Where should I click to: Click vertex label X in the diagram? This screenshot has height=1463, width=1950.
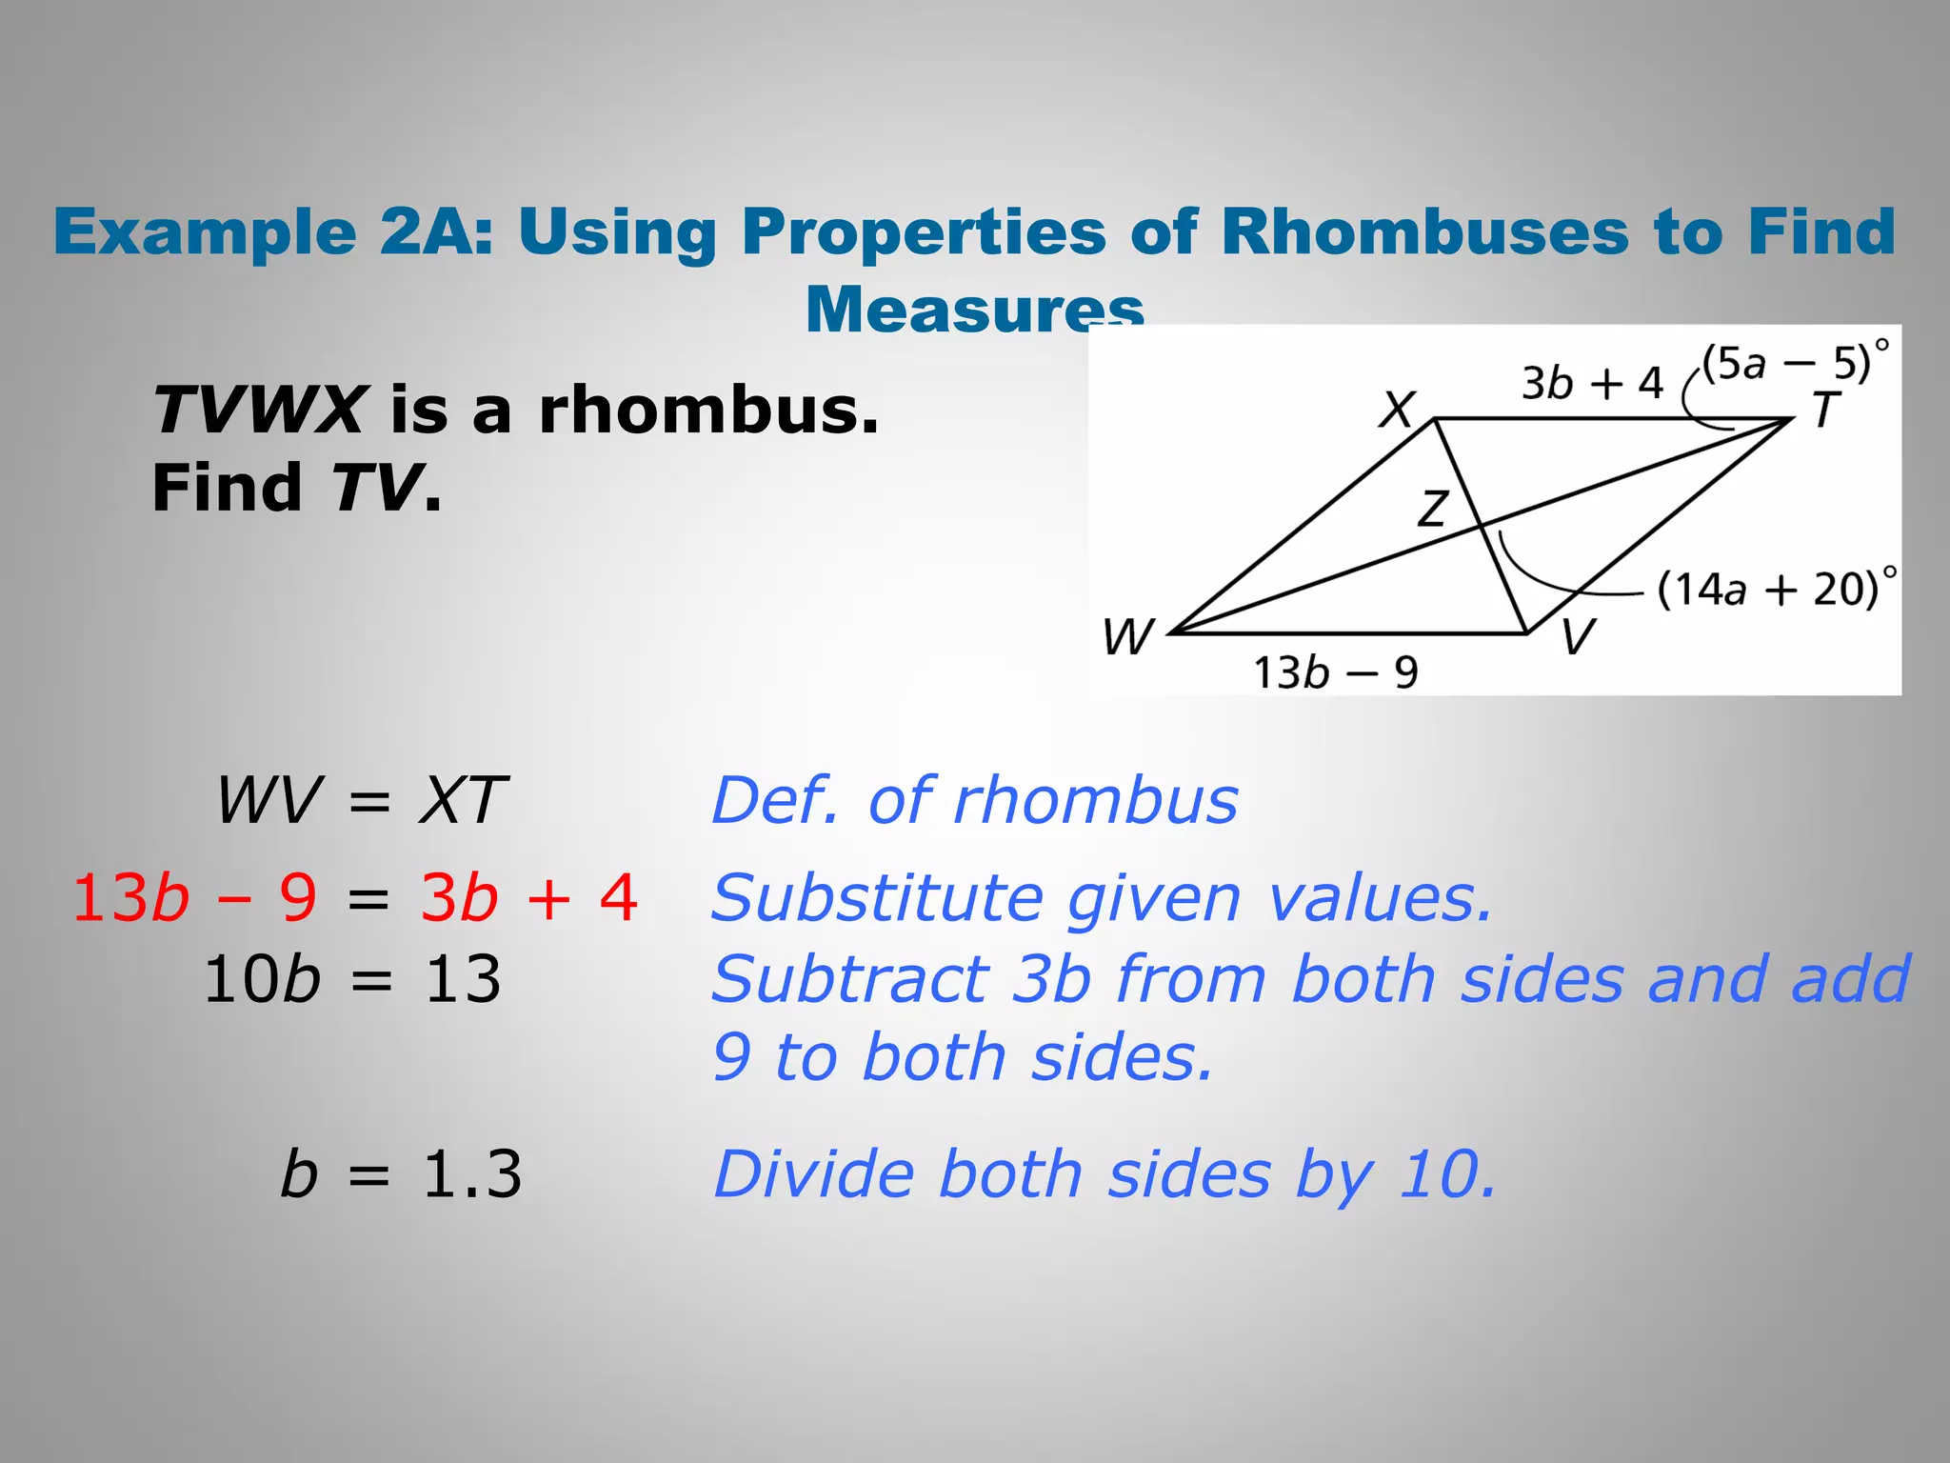click(x=1397, y=410)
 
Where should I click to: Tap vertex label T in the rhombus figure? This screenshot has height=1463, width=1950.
click(x=1824, y=411)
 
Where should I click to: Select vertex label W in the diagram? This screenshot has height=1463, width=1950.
click(x=1128, y=636)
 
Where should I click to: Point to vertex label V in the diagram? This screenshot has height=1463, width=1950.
click(x=1578, y=636)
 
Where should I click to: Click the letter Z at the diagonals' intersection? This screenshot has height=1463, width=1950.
click(x=1433, y=509)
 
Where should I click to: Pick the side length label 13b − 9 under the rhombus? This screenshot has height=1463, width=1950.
click(x=1335, y=672)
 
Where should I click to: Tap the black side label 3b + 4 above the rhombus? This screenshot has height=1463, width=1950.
click(x=1591, y=383)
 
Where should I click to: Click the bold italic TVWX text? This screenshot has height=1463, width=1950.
click(x=258, y=411)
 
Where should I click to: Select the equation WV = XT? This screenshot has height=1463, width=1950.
click(x=361, y=800)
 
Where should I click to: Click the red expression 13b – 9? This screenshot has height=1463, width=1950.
click(x=194, y=897)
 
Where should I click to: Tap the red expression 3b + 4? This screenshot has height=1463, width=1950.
click(x=528, y=897)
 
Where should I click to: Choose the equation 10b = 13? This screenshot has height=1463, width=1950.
click(x=351, y=979)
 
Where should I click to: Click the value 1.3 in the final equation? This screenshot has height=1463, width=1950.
click(x=471, y=1173)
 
